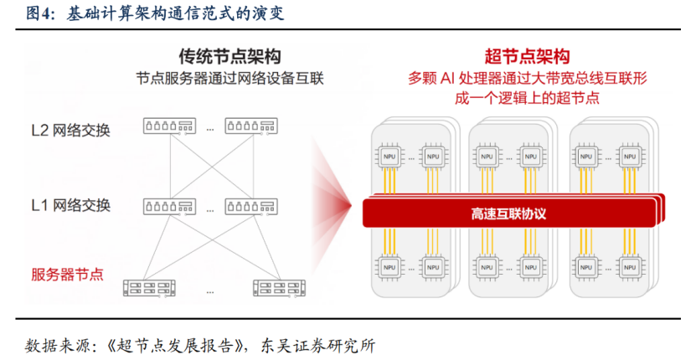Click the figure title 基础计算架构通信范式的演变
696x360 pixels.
[175, 13]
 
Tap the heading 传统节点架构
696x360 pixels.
[230, 57]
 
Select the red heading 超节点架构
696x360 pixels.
[527, 57]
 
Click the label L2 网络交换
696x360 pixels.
[70, 131]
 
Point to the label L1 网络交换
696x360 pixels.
[70, 205]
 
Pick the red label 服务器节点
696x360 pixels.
[67, 275]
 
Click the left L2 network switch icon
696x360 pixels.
[169, 126]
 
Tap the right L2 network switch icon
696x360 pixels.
[251, 126]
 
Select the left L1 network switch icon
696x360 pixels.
[169, 207]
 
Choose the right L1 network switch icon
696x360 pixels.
[251, 207]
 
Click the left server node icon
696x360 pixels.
[149, 288]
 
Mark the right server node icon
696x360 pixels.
[279, 288]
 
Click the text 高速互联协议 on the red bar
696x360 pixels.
[508, 214]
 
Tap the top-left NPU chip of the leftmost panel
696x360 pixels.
[389, 157]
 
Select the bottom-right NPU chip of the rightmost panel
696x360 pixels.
[630, 268]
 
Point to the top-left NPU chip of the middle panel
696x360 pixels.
[487, 157]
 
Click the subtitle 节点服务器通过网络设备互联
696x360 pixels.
[230, 79]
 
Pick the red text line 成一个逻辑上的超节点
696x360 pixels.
[527, 98]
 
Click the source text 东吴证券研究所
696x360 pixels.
[317, 346]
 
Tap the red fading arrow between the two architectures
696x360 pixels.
[331, 206]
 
